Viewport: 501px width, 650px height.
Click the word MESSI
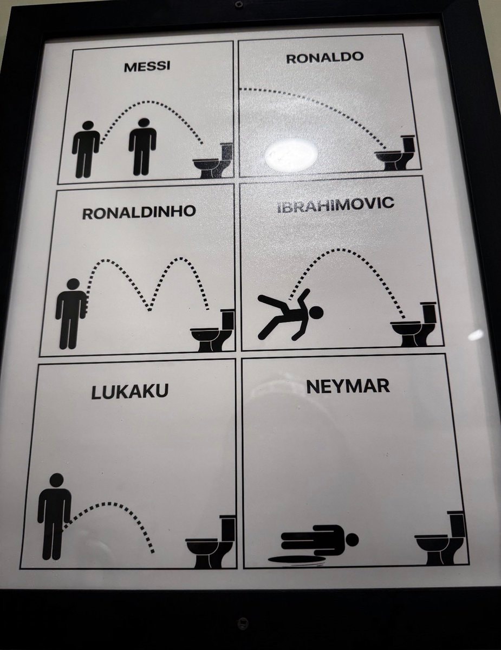tap(147, 67)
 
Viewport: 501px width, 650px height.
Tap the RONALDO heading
tap(325, 57)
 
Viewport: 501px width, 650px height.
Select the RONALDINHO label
tap(139, 212)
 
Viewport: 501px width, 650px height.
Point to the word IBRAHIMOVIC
tap(336, 204)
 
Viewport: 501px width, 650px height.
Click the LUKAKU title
tap(130, 392)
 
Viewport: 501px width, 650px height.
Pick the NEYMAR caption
tap(348, 386)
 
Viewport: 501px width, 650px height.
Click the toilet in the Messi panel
tap(213, 161)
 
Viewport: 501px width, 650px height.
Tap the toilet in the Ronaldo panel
tap(395, 153)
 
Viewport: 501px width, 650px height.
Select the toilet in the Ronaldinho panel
tap(212, 330)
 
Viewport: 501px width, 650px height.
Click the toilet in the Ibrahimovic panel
tap(413, 324)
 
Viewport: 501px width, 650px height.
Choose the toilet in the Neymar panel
tap(440, 538)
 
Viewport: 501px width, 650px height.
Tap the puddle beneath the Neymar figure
tap(296, 560)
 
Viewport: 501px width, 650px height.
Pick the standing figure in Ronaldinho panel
tap(70, 314)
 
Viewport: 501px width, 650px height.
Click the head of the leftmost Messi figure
tap(88, 125)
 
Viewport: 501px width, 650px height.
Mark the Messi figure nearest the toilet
tap(142, 147)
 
